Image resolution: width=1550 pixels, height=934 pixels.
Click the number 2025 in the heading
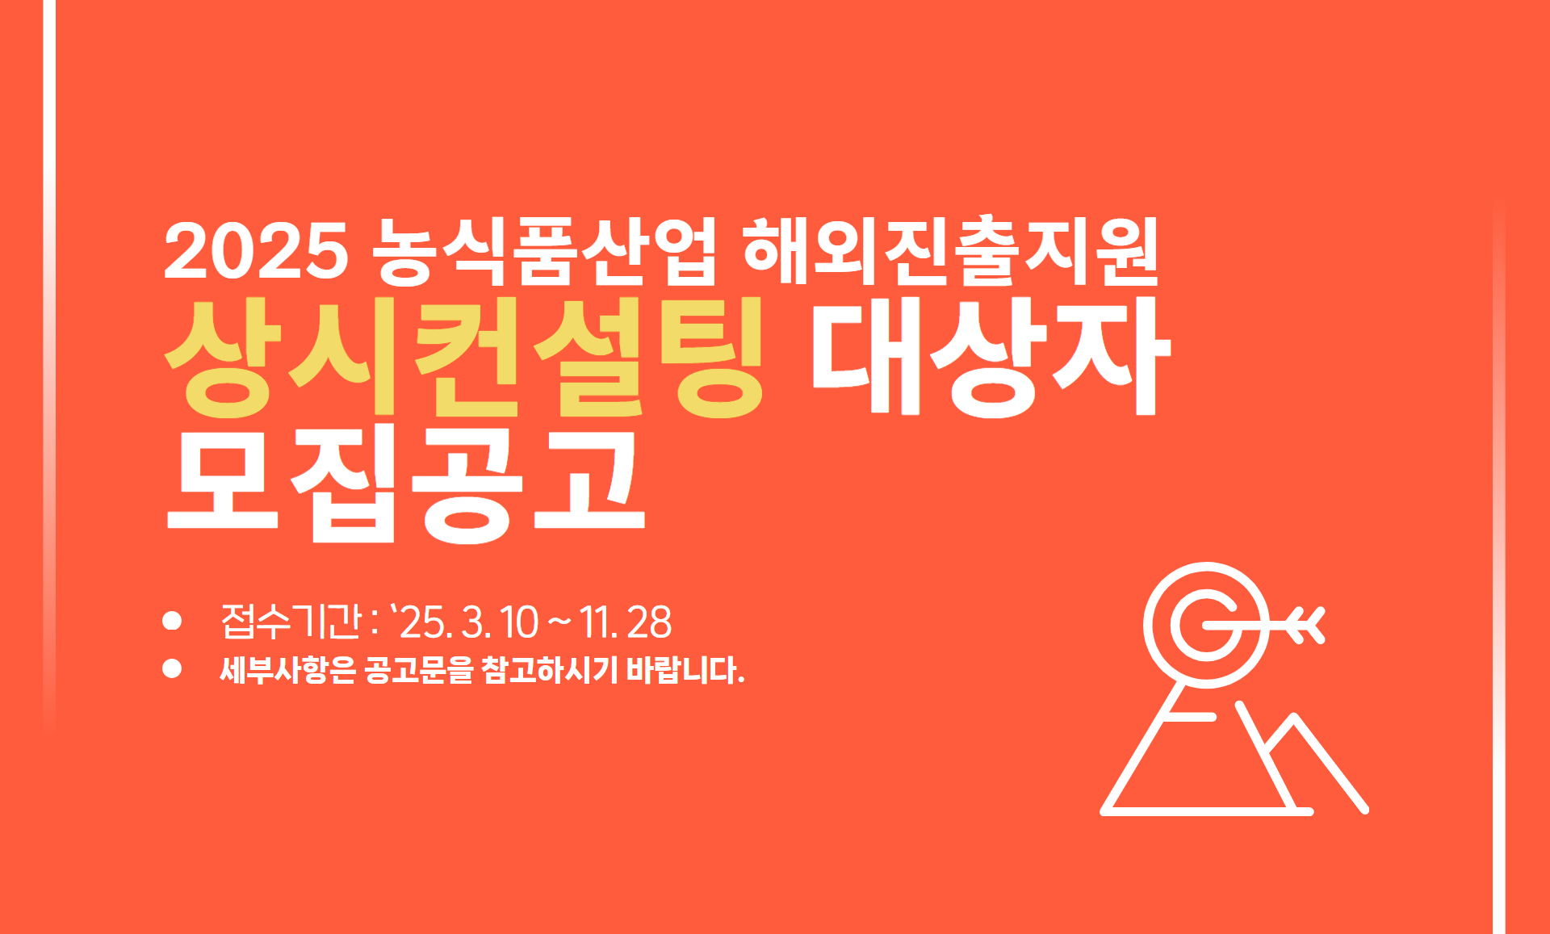click(256, 250)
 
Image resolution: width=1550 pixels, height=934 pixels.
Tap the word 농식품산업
click(544, 250)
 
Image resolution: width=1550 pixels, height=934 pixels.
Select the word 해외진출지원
click(950, 250)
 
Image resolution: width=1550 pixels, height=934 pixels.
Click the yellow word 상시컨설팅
click(464, 357)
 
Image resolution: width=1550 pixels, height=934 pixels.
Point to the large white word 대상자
click(991, 357)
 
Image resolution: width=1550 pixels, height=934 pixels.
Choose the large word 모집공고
click(405, 484)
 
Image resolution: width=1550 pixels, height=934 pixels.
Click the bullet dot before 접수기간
click(172, 621)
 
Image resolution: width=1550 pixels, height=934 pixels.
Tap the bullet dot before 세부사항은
click(172, 668)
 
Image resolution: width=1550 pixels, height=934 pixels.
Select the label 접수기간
click(291, 621)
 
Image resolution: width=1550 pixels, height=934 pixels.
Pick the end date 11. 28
click(625, 622)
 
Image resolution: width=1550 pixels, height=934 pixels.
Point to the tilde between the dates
click(559, 622)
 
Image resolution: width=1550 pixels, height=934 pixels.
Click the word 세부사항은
click(287, 669)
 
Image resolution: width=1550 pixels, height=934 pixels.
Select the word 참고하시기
click(549, 669)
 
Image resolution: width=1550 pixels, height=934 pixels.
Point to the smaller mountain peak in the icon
click(1294, 717)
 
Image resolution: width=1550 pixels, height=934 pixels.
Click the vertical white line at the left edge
click(49, 363)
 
